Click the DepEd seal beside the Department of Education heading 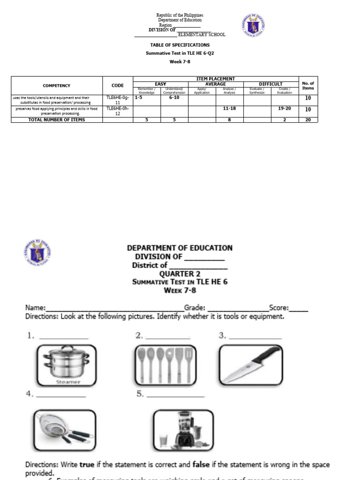coord(37,253)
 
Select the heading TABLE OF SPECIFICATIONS coord(180,45)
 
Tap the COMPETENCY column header coord(57,85)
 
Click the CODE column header coord(118,85)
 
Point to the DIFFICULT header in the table coord(270,84)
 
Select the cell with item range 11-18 coord(229,108)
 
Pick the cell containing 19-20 coord(284,108)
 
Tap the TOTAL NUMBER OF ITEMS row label coord(57,120)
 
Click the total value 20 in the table coord(308,120)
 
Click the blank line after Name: coord(115,309)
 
